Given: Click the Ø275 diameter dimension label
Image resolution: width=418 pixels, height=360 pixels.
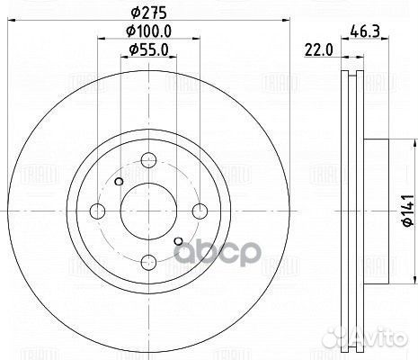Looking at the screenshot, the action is [148, 13].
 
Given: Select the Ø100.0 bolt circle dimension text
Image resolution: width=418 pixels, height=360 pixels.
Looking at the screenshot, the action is [148, 31].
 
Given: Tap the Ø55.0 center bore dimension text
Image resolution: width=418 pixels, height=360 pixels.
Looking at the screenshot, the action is [148, 49].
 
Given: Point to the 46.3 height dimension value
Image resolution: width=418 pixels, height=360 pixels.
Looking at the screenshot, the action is [365, 31].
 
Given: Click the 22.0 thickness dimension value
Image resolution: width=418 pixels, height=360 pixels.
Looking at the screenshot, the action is [319, 49].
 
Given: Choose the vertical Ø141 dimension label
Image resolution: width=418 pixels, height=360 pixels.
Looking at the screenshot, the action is [408, 211].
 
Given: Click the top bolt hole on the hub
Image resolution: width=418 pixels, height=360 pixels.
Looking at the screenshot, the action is [148, 160].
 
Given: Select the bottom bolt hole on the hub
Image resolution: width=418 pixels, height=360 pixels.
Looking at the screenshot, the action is [148, 263].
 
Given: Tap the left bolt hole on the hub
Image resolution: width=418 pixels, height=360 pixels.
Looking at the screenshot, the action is [97, 211].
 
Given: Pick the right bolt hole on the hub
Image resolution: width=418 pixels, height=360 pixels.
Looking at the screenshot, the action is [200, 211].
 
